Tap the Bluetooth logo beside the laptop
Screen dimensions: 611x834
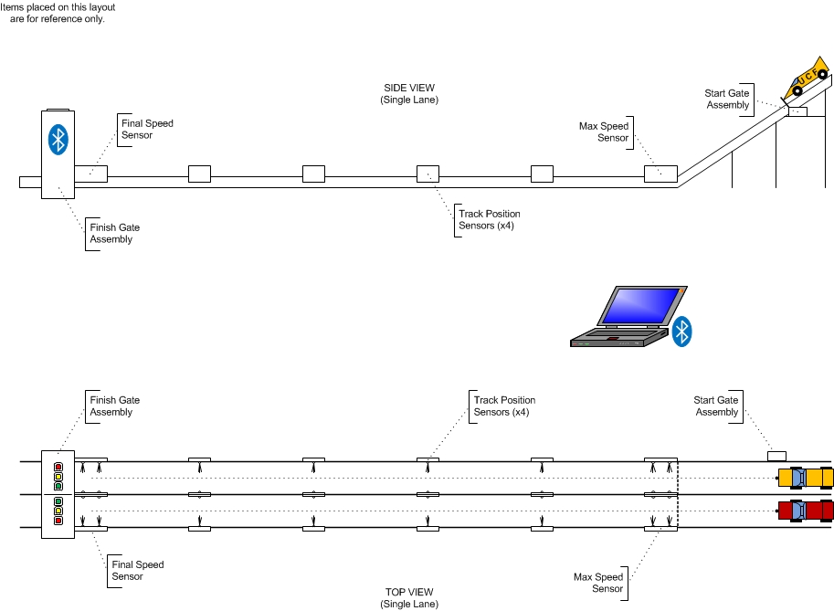point(681,332)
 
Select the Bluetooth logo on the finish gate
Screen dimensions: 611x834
point(58,139)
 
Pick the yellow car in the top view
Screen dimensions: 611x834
point(805,477)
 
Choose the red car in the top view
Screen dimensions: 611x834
point(805,511)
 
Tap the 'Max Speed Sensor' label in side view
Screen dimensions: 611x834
point(604,132)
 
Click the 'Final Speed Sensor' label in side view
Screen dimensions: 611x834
point(147,129)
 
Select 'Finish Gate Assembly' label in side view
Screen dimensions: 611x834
point(114,233)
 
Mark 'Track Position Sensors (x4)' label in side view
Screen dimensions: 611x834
point(490,220)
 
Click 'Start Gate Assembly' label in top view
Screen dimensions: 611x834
point(716,406)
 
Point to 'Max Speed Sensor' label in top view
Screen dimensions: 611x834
point(598,583)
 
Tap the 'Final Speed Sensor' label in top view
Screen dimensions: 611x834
point(138,570)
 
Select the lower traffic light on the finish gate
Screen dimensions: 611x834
point(58,511)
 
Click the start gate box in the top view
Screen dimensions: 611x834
point(776,455)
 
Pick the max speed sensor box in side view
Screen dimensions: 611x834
point(660,174)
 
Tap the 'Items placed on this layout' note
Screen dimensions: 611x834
point(57,13)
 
